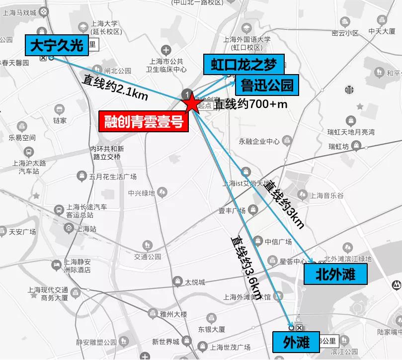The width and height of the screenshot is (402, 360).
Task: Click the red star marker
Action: click(x=191, y=104)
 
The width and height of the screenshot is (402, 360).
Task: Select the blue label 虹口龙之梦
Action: click(x=243, y=64)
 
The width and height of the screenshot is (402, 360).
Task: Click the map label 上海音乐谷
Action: click(x=340, y=196)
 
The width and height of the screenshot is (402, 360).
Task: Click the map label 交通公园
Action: click(x=148, y=257)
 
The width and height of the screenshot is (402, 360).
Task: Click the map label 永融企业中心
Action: click(x=259, y=141)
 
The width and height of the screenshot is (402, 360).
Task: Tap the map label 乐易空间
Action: click(x=22, y=138)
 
